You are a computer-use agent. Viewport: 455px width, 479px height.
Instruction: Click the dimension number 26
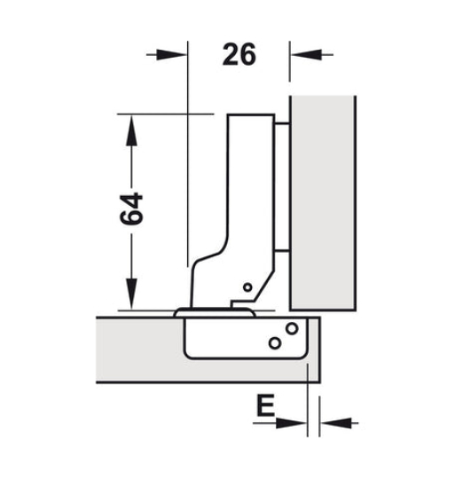[239, 55]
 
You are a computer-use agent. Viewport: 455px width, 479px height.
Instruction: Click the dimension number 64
[131, 208]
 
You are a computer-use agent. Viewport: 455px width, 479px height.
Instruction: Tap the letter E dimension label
[263, 407]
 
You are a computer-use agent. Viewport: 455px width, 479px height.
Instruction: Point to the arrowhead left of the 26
[178, 55]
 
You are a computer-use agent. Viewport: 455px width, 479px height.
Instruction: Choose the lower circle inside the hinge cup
[276, 342]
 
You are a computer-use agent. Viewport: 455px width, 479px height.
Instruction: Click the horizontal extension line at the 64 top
[164, 114]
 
